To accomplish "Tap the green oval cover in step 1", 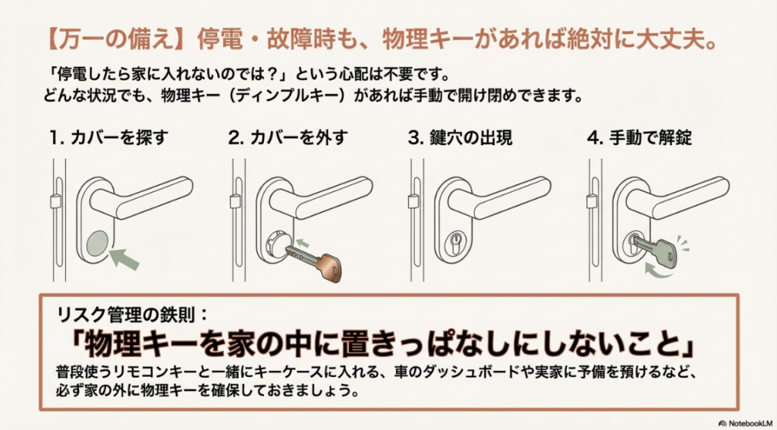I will (97, 244).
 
